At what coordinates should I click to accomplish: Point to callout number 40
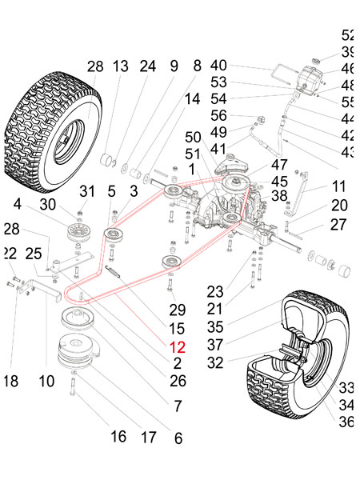(x=218, y=65)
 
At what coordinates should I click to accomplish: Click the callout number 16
(x=118, y=437)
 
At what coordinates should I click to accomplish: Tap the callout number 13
(x=120, y=66)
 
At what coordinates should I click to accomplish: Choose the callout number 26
(x=178, y=380)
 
